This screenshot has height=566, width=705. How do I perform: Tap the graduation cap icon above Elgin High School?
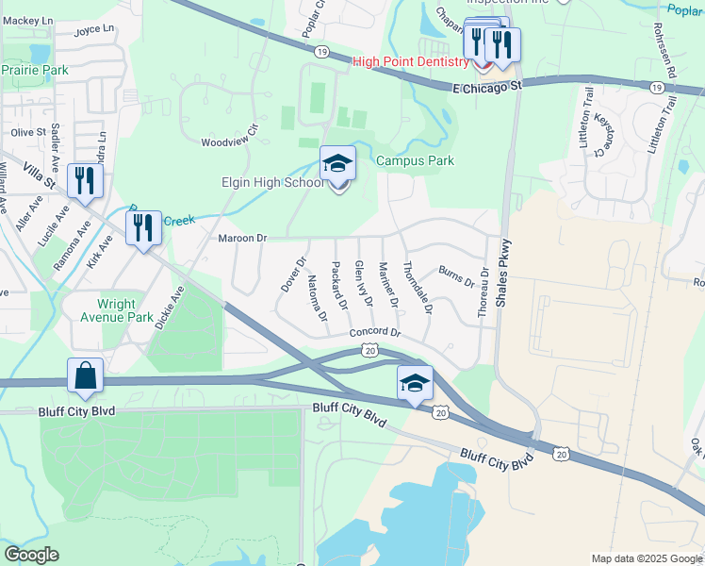tap(337, 164)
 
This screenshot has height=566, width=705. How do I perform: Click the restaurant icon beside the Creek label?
tap(143, 228)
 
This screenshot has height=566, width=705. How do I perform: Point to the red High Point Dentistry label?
tap(410, 62)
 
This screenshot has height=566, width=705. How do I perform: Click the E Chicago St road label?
tap(486, 87)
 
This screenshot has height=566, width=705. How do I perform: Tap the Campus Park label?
tap(415, 160)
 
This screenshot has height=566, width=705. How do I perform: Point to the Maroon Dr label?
tap(243, 239)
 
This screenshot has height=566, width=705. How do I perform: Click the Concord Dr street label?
tap(374, 333)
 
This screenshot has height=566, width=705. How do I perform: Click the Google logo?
tap(31, 555)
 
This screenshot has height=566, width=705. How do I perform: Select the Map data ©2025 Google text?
tap(647, 558)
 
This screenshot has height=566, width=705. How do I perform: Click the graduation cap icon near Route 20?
tap(414, 383)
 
